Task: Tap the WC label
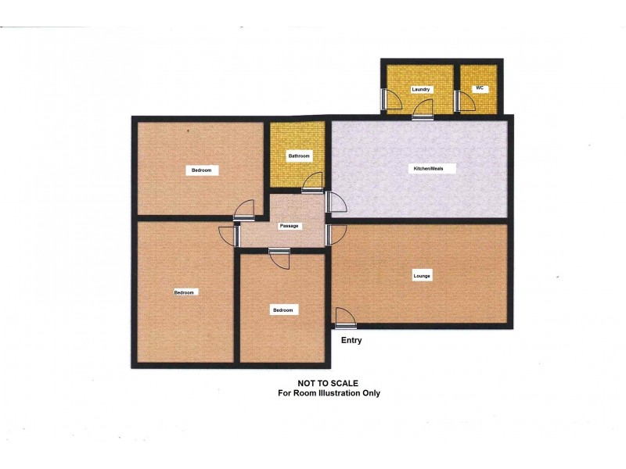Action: click(x=480, y=88)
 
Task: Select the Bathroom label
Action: click(x=299, y=156)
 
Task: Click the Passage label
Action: click(x=290, y=225)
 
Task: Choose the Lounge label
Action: click(x=423, y=276)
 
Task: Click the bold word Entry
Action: click(x=351, y=341)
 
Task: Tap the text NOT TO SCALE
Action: click(x=329, y=383)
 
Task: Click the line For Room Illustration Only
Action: click(x=329, y=393)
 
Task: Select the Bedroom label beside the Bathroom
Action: click(x=201, y=170)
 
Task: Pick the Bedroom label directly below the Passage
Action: click(x=282, y=310)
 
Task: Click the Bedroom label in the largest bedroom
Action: click(x=184, y=292)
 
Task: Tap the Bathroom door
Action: click(x=311, y=183)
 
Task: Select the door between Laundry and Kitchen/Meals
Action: click(x=423, y=109)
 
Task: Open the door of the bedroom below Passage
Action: click(x=279, y=257)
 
